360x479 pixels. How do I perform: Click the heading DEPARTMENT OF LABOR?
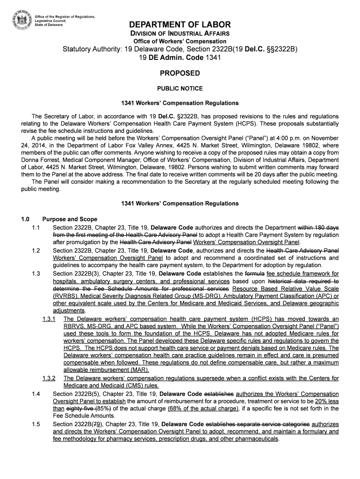[x=180, y=25]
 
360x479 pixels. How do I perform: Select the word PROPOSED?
[x=180, y=73]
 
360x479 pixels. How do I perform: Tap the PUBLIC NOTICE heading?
[x=180, y=88]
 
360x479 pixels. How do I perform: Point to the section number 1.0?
[x=25, y=219]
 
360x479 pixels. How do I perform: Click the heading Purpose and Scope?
[x=70, y=219]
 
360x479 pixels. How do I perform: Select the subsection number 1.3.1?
[x=49, y=319]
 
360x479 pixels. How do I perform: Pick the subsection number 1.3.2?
[x=49, y=378]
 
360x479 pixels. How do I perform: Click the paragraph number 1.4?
[x=36, y=394]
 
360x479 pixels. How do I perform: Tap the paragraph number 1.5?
[x=36, y=424]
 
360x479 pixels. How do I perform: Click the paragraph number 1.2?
[x=36, y=250]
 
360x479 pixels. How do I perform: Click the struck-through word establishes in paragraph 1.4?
[x=221, y=394]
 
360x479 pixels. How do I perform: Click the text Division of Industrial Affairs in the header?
[x=180, y=34]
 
